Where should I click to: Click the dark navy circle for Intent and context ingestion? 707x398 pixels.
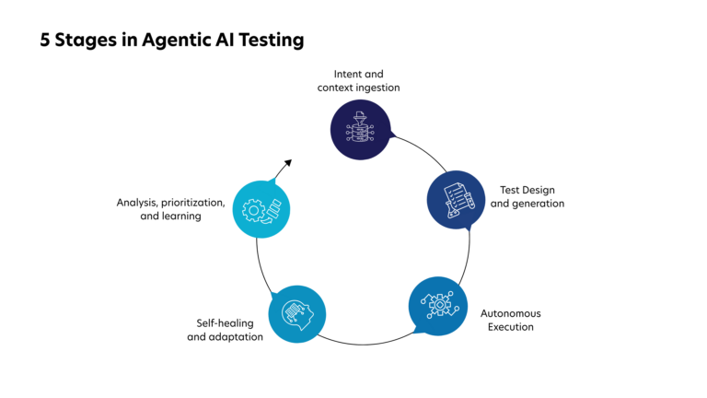pos(360,129)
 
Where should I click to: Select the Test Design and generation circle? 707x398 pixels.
pos(456,199)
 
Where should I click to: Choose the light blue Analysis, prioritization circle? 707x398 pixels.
pos(262,208)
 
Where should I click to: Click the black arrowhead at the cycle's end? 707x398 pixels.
pos(287,163)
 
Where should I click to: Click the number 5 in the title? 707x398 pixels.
pos(46,41)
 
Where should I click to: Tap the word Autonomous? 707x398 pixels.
pos(511,313)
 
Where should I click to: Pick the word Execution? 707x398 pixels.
pos(511,327)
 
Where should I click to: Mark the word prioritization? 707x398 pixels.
pos(194,202)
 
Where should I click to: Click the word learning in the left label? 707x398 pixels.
pos(182,216)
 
